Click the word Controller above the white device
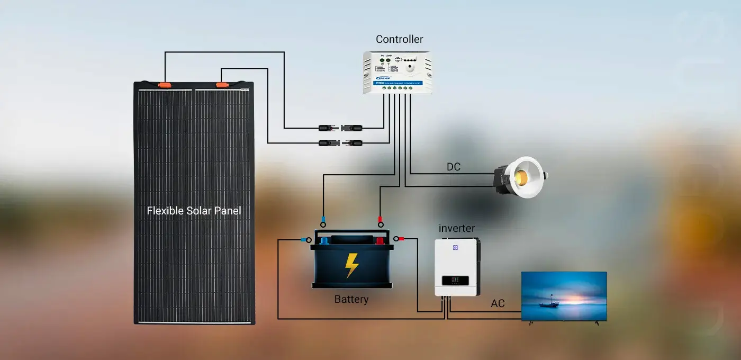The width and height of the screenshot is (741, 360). pos(399,39)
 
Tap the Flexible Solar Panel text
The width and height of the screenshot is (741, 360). pos(194,211)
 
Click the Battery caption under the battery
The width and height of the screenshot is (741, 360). pos(351,299)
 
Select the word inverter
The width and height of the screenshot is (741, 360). pos(457,229)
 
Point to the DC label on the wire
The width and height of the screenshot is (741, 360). pos(453,167)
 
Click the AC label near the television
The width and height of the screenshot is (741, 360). pos(498,304)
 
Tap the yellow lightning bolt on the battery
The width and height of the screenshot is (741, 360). pos(351,265)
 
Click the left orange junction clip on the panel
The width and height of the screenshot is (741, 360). pos(165,84)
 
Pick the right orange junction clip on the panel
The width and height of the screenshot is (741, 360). pos(221,84)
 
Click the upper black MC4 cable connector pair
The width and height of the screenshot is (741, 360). pos(340,128)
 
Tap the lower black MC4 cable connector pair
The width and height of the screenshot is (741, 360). pos(340,142)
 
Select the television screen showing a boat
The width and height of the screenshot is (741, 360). pos(564,295)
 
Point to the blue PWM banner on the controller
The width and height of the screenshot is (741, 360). pos(397,83)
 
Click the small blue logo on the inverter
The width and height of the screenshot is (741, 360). pos(454,247)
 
